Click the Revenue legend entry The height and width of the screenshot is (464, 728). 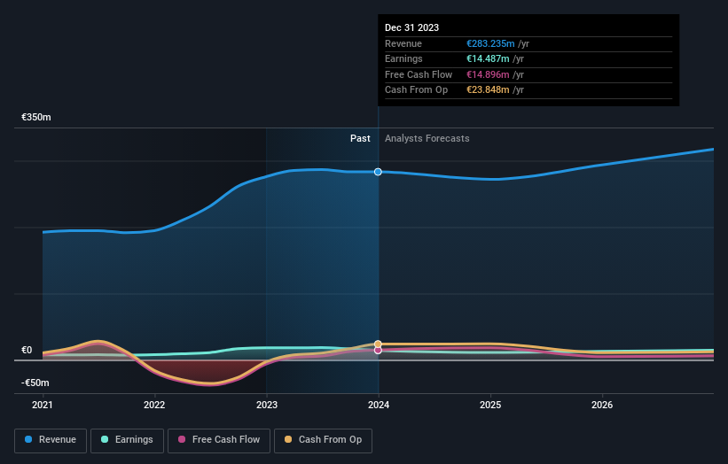(51, 439)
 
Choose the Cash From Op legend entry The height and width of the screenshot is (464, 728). (323, 439)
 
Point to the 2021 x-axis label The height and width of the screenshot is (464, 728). (43, 406)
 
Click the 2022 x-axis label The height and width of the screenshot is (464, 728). (154, 406)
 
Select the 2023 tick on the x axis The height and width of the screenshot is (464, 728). (266, 406)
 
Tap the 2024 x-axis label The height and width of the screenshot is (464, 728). (379, 406)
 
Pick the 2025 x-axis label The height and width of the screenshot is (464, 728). (490, 406)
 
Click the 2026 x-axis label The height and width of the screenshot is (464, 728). (602, 406)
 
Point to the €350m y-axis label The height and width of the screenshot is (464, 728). (36, 117)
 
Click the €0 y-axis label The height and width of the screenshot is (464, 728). (27, 350)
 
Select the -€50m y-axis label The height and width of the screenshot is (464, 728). (36, 383)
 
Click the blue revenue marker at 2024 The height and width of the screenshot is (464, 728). (379, 172)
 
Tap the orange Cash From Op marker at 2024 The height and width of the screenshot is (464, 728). (379, 344)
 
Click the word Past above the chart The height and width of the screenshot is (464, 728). (360, 138)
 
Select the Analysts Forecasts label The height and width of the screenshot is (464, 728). (427, 138)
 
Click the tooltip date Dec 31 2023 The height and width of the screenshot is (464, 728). (411, 28)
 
